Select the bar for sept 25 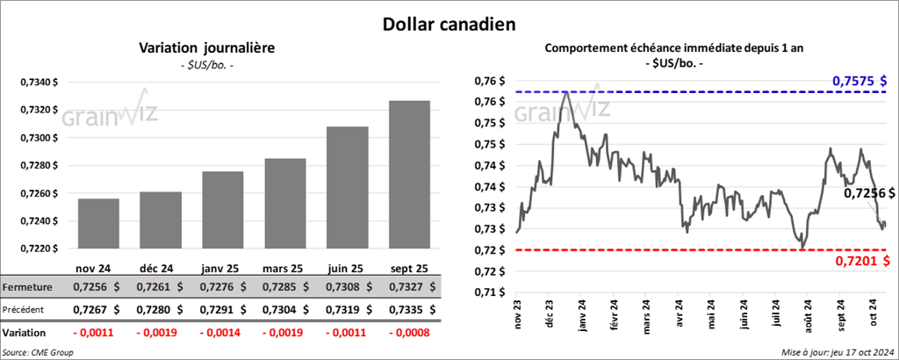tap(409, 175)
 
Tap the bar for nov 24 tap(98, 224)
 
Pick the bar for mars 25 tap(285, 204)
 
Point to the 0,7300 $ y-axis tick tap(41, 138)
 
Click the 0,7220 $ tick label tap(41, 248)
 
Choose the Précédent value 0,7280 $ tap(160, 310)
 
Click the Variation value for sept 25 tap(409, 333)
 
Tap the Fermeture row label tap(27, 286)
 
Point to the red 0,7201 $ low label tap(863, 262)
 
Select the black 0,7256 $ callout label tap(868, 194)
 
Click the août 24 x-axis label tap(808, 313)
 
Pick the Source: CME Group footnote tap(38, 351)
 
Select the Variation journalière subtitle tap(207, 48)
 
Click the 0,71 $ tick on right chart tap(491, 292)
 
